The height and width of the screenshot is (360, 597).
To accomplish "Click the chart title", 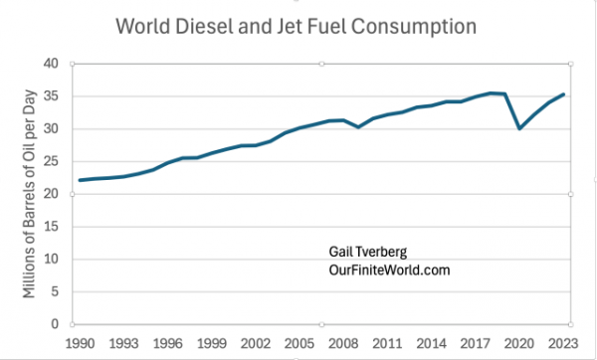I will [x=298, y=22].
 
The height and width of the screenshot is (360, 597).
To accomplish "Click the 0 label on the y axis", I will [x=68, y=324].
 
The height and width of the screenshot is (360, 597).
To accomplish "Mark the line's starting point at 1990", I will [x=80, y=180].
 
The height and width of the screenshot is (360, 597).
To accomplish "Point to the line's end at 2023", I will [x=565, y=94].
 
